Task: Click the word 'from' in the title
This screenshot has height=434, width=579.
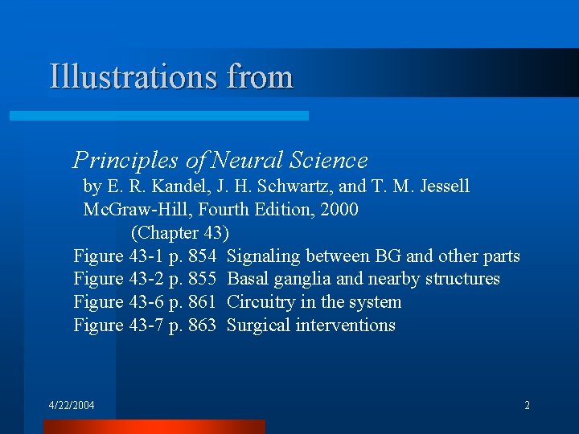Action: (x=260, y=77)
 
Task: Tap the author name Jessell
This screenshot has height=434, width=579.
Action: (x=441, y=186)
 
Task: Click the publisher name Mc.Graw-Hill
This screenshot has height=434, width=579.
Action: (x=134, y=210)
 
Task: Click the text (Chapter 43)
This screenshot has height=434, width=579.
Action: (x=180, y=233)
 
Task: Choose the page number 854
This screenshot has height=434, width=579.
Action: (x=202, y=256)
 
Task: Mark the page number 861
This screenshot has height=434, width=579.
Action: (x=202, y=302)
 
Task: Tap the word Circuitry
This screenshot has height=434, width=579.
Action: (x=262, y=302)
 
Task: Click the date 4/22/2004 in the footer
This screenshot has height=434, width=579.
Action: (x=72, y=405)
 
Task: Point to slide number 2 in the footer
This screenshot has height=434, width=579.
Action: (x=527, y=405)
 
